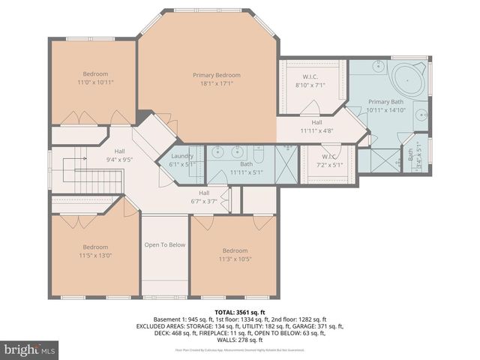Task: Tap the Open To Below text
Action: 165,244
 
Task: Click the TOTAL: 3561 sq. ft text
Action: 239,310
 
